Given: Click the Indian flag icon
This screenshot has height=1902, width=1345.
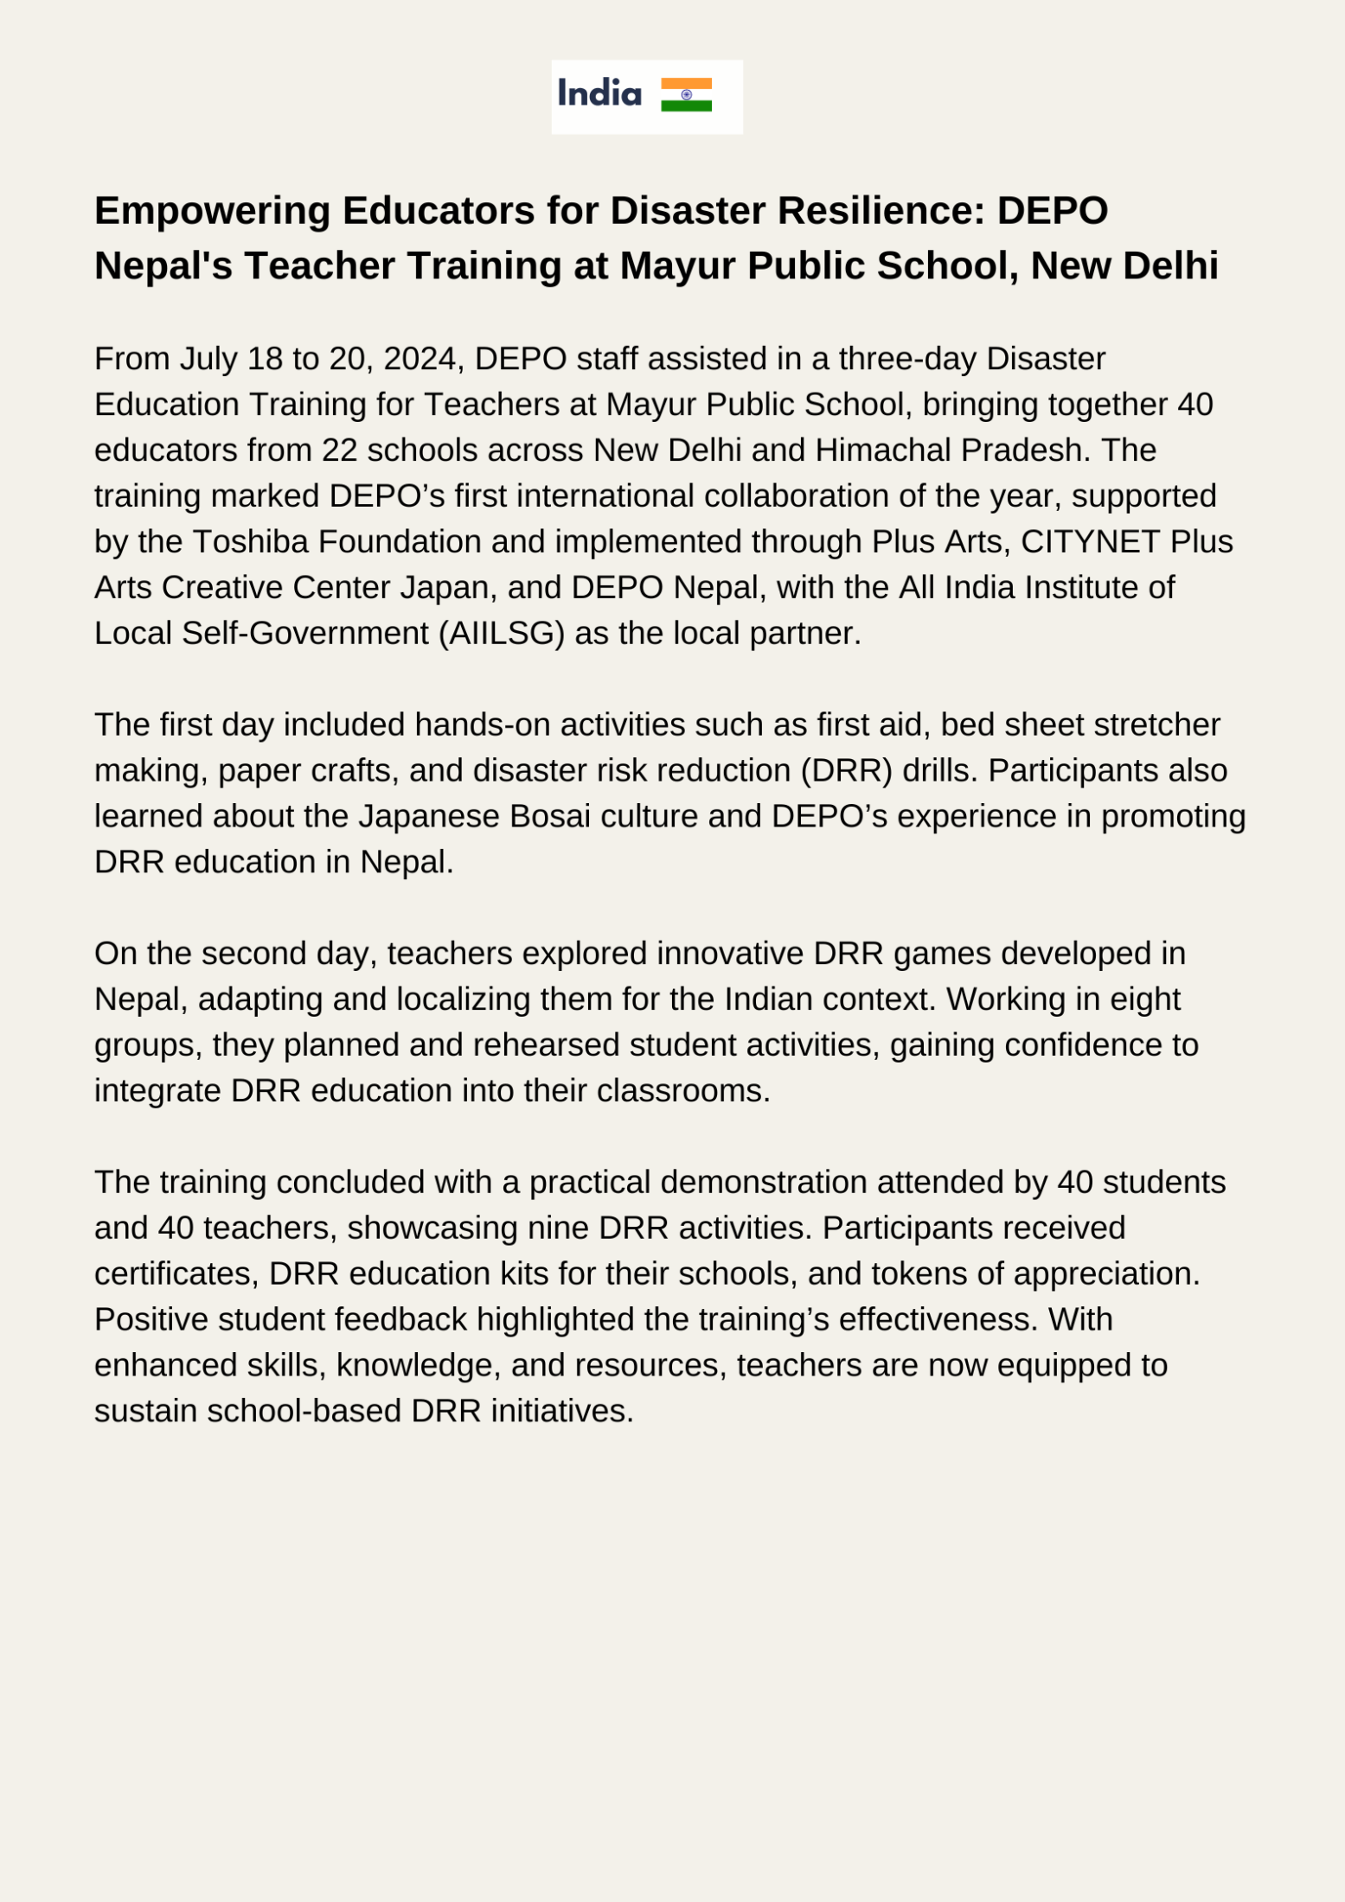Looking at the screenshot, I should pyautogui.click(x=686, y=95).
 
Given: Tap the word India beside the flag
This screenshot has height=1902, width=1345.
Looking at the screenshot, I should pyautogui.click(x=599, y=93).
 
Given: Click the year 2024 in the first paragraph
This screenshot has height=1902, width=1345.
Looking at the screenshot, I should pyautogui.click(x=419, y=359).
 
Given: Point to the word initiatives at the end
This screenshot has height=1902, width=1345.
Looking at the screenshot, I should pyautogui.click(x=562, y=1412).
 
